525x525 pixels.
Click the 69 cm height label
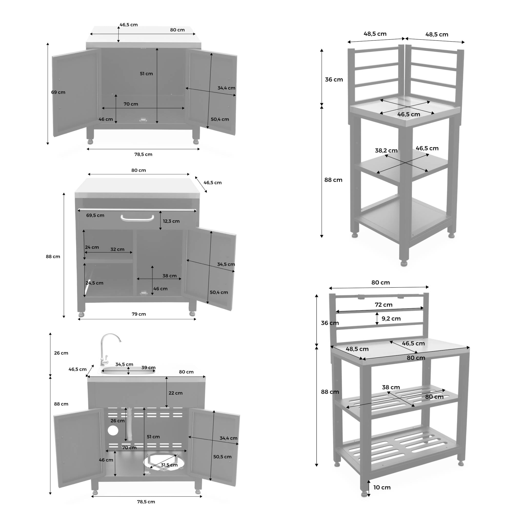[58, 92]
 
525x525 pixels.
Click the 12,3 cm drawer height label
[171, 221]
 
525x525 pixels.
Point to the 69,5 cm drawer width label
[95, 216]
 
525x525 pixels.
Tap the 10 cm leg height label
[382, 487]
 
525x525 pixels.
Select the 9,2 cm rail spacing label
[391, 318]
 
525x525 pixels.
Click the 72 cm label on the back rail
[383, 305]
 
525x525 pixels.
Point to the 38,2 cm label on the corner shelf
[386, 150]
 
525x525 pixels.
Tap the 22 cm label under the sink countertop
[176, 393]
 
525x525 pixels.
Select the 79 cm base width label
[139, 314]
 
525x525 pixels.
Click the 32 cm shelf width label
[117, 249]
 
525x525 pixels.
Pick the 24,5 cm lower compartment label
[94, 283]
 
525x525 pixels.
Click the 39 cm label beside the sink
[148, 368]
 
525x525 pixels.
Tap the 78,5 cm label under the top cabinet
[143, 154]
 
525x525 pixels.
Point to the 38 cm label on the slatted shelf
[391, 387]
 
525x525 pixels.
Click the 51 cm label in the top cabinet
[146, 74]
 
